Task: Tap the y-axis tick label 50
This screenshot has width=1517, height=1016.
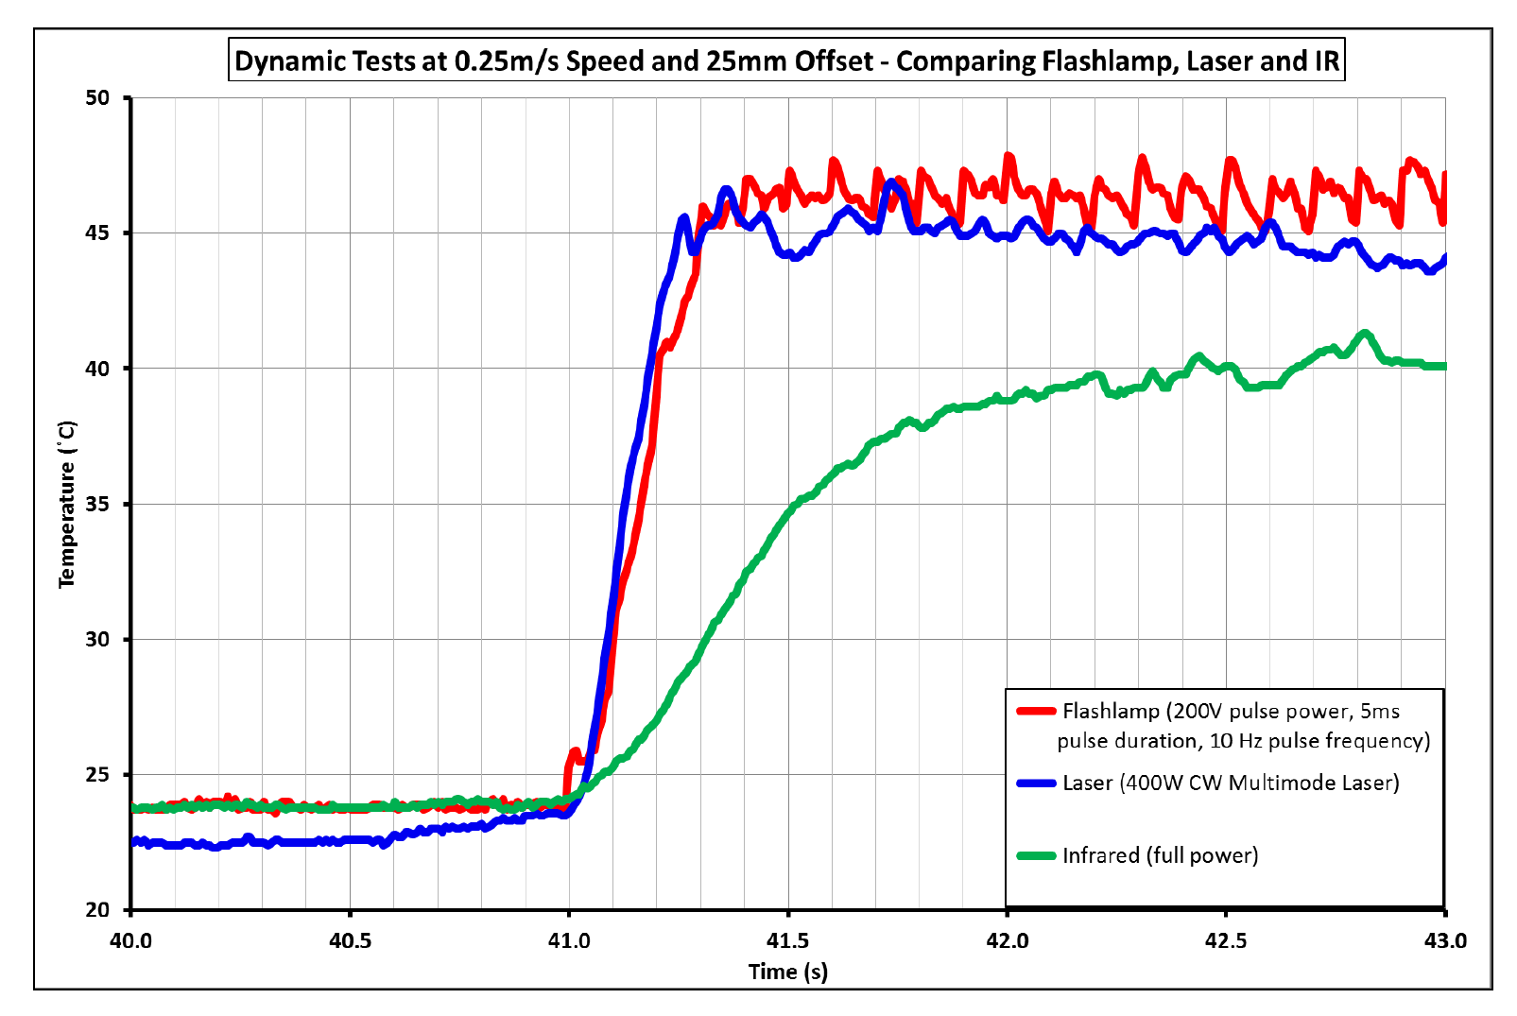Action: tap(97, 98)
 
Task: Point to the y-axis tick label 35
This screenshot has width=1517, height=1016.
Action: tap(97, 504)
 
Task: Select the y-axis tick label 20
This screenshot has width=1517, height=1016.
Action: tap(97, 909)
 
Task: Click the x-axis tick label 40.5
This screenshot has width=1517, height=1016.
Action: tap(350, 940)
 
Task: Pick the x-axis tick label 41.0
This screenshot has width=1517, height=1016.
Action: tap(569, 940)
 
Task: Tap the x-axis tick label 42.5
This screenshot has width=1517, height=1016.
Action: tap(1226, 940)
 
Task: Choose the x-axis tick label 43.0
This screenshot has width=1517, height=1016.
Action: tap(1445, 940)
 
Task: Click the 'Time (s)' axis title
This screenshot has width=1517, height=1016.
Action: tap(787, 972)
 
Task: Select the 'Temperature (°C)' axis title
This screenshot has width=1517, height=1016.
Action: tap(67, 504)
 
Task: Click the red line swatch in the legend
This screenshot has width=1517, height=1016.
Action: tap(1036, 711)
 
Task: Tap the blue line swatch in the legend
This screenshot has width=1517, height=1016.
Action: tap(1036, 783)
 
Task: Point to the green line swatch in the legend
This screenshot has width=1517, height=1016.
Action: tap(1036, 855)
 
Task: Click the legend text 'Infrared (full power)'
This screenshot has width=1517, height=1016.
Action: tap(1160, 855)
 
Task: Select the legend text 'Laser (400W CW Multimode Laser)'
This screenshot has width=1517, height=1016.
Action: tap(1231, 783)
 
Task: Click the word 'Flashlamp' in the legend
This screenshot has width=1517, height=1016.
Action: tap(1111, 711)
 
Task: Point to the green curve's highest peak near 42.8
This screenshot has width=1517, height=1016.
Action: tap(1364, 333)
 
